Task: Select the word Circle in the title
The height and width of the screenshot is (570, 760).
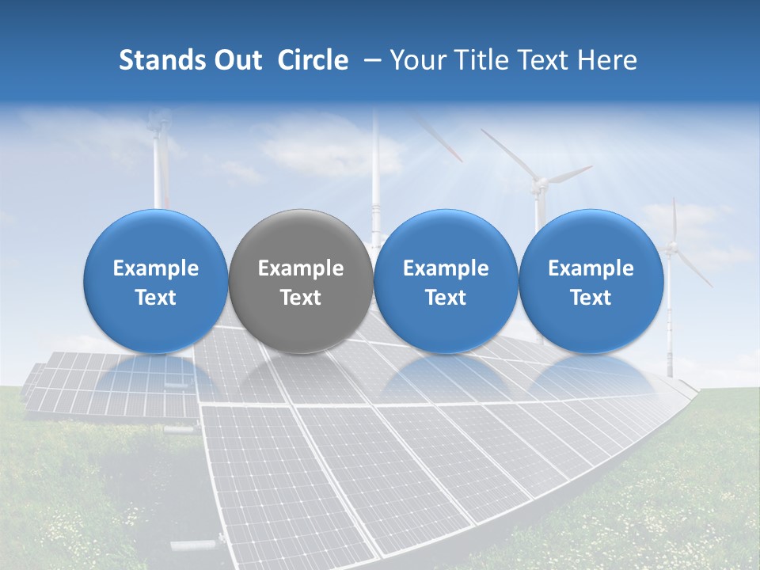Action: pos(313,60)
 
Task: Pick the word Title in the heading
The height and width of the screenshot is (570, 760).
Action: pos(484,60)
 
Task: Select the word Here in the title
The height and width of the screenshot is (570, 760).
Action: pos(609,60)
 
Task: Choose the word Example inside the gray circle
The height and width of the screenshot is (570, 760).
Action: pos(301,268)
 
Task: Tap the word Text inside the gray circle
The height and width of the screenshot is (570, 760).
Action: pos(301,298)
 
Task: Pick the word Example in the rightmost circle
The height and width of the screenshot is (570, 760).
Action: pos(591,268)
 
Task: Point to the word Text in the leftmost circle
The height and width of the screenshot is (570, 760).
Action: pos(156,298)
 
